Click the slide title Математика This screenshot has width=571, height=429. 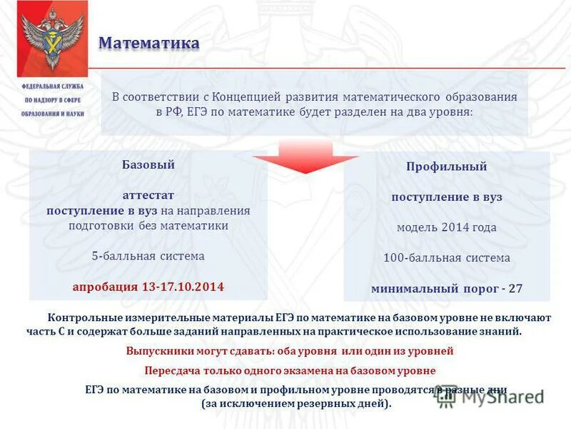coord(148,43)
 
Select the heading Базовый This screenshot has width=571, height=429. coord(148,164)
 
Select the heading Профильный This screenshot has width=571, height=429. coord(447,167)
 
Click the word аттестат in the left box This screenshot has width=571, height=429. coord(148,195)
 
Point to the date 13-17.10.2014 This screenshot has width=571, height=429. coord(183,287)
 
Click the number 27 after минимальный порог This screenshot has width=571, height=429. coord(515,289)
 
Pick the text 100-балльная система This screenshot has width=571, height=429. coord(447,258)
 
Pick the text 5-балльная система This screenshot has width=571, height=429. coord(148,256)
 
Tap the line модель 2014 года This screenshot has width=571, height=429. coord(447,227)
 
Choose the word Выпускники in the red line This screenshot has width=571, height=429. coord(161,352)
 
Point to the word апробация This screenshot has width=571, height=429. coord(106,287)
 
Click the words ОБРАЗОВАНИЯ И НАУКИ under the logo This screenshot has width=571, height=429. coord(52,114)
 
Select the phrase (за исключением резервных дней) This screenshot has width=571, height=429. coord(296,404)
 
